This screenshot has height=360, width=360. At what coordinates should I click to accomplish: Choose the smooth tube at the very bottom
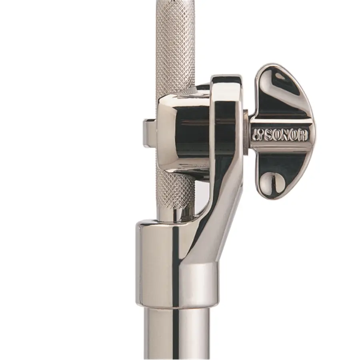(176, 336)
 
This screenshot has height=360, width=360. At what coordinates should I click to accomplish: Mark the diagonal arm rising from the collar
(216, 224)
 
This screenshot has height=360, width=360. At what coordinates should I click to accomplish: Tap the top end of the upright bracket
(226, 80)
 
